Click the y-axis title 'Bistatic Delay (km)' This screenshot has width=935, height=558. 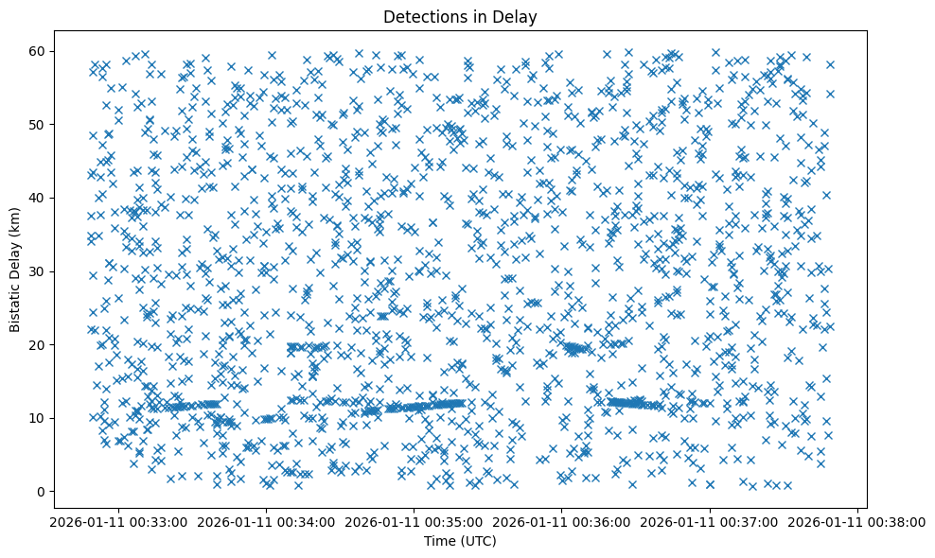point(15,270)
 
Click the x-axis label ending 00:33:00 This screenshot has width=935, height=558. point(118,522)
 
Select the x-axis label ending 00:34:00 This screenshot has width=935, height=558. point(266,522)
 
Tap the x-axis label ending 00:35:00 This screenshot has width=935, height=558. point(415,522)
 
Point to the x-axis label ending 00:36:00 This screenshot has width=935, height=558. point(562,522)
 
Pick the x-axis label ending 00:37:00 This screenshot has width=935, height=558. point(711,522)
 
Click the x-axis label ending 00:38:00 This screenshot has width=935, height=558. point(858,522)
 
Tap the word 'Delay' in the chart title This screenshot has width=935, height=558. point(516,16)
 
